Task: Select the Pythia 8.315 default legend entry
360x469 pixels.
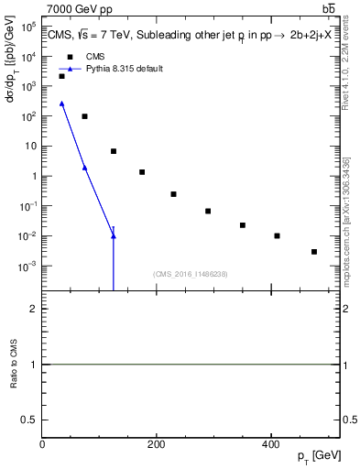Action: (125, 69)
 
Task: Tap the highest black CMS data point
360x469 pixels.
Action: (61, 76)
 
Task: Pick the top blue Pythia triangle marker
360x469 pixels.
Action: (61, 104)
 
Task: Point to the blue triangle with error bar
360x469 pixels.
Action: (114, 236)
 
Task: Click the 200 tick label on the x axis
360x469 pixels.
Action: (157, 444)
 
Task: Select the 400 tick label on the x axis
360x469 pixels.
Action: (270, 444)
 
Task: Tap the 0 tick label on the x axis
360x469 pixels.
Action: (43, 444)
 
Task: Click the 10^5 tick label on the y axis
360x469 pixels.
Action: (27, 27)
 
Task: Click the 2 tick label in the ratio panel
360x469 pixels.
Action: (35, 310)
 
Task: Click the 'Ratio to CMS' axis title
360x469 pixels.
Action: (14, 365)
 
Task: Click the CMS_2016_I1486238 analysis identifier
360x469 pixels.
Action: (191, 274)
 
